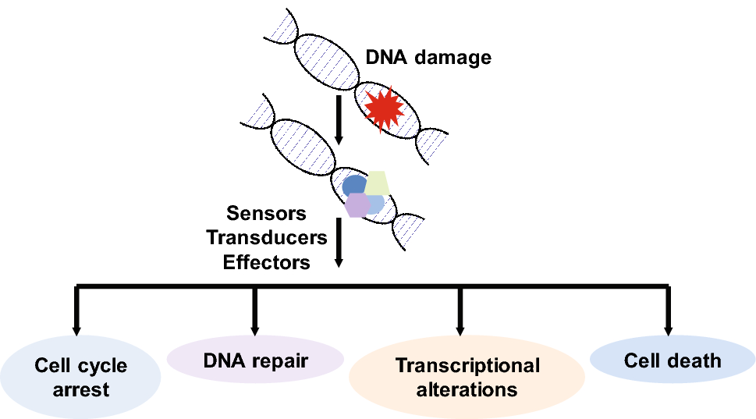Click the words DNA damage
(428, 57)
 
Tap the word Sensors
(266, 213)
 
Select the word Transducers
(266, 237)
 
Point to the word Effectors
(266, 261)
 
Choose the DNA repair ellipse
(255, 361)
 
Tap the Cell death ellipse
(672, 361)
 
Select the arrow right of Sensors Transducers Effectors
(339, 243)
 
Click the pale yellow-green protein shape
(378, 183)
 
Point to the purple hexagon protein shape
(357, 205)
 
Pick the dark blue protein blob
(354, 186)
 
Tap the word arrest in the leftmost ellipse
(81, 389)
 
